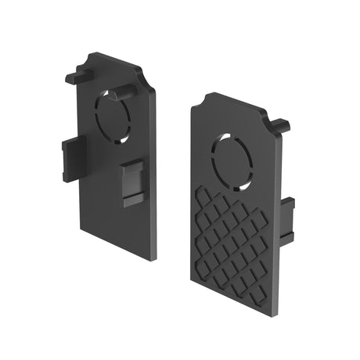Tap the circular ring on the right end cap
232,161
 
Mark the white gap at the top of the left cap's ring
115,92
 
